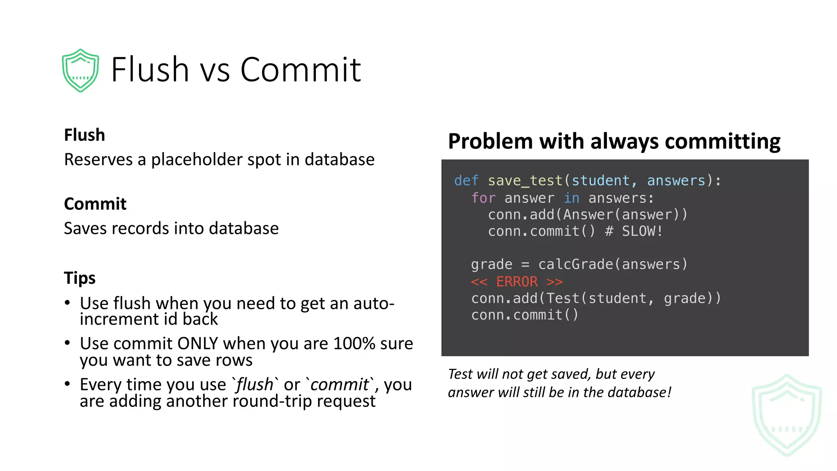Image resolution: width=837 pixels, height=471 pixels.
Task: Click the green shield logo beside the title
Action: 81,70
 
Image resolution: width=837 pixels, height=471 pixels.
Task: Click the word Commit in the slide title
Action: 300,70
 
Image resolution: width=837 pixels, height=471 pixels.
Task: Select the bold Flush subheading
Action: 85,135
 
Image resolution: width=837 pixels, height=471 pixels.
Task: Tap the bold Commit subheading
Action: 95,204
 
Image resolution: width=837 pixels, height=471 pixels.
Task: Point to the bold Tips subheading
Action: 80,278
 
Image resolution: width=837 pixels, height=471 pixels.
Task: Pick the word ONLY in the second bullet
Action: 198,343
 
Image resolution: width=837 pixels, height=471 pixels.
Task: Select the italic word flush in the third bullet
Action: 255,385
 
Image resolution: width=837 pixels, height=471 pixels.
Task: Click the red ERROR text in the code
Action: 517,282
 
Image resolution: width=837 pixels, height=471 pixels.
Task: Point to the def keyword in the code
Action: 466,181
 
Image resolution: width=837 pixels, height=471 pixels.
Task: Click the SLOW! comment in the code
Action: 642,231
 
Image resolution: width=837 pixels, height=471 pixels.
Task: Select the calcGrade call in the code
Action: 576,265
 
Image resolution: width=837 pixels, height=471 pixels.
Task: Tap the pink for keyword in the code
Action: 483,198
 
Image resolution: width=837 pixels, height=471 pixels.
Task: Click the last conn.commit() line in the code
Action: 525,315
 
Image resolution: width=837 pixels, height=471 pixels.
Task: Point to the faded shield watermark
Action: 787,415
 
